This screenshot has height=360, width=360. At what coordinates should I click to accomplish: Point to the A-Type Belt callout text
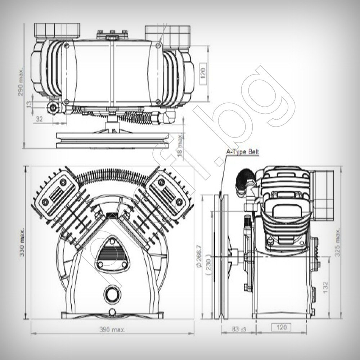point(242,152)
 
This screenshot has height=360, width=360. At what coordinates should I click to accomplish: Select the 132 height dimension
point(325,288)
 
